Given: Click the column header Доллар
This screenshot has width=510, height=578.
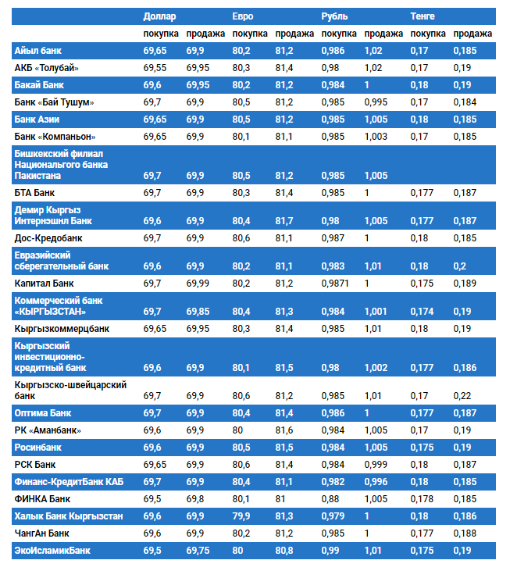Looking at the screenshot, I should tap(160, 16).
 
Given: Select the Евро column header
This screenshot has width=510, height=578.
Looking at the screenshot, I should tap(243, 16).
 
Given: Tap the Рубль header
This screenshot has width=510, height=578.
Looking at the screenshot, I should tap(335, 16).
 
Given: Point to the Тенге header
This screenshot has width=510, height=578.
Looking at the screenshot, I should tap(423, 16).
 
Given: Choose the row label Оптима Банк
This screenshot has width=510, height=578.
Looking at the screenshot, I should tap(43, 412).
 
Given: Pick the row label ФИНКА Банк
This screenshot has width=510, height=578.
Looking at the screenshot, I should tap(43, 498).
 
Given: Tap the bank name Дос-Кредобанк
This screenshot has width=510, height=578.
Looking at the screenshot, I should tap(48, 237).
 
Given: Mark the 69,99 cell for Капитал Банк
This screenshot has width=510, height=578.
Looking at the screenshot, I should tap(199, 282).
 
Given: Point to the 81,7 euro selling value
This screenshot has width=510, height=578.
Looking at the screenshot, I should tap(284, 221).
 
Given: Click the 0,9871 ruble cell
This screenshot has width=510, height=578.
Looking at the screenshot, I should tap(335, 282).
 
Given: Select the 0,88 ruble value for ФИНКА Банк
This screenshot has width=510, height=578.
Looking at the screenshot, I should tap(331, 498).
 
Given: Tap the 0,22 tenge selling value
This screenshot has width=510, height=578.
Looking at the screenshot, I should tap(462, 396).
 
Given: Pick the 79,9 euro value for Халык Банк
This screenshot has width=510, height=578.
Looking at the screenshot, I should tap(242, 516).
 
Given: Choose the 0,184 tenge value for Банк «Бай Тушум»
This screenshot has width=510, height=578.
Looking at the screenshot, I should tap(465, 102).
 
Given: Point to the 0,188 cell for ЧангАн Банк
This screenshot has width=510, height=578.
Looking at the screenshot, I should tap(465, 533).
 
